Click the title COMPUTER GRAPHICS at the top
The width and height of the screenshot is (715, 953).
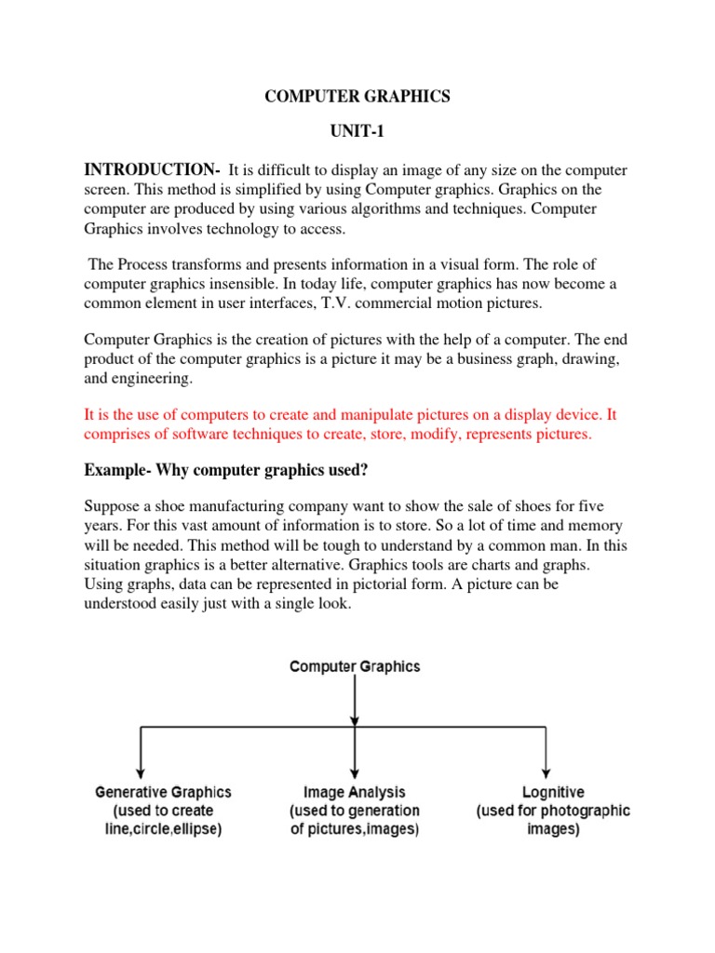357,98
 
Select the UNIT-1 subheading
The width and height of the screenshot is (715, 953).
357,134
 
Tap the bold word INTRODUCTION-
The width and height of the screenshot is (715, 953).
152,169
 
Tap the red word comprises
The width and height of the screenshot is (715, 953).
121,435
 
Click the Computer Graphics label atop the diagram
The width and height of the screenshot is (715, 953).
355,666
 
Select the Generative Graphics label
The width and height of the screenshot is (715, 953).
163,793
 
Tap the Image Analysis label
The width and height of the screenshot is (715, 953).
355,793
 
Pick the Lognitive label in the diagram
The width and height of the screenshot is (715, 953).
553,793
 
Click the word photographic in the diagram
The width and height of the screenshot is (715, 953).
587,811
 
